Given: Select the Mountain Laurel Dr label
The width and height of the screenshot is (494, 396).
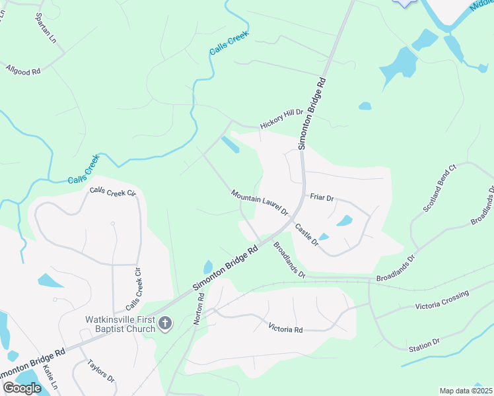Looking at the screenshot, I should tap(260, 203).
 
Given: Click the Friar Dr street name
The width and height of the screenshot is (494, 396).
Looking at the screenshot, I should tap(322, 197).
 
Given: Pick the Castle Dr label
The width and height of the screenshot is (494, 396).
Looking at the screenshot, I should tap(306, 235).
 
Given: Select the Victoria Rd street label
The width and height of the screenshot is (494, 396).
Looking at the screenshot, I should tap(285, 328).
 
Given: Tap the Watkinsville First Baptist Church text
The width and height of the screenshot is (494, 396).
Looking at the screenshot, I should tap(120, 324).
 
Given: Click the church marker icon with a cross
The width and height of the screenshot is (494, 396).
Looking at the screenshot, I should tap(165, 323).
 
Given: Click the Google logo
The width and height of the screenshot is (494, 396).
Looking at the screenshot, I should tap(22, 388).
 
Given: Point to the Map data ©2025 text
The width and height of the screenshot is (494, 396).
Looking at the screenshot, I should tap(466, 391).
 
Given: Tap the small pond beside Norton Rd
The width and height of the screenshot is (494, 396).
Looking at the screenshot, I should tap(208, 267).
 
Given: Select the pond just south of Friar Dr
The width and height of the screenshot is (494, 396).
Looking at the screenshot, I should tap(345, 221).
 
